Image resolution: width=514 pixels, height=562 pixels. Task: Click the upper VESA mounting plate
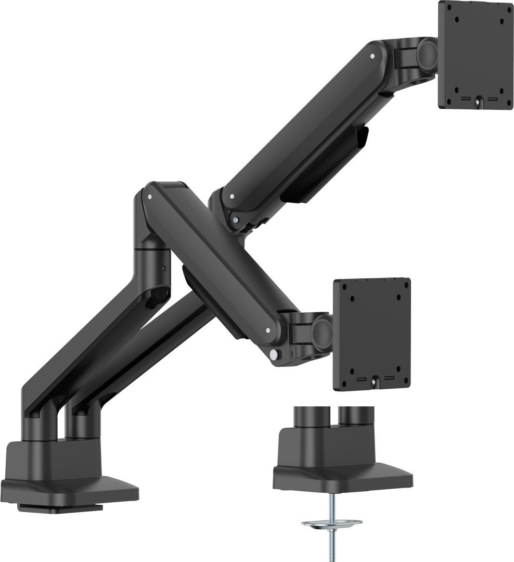click(476, 55)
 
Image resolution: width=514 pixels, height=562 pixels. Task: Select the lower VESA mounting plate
click(371, 333)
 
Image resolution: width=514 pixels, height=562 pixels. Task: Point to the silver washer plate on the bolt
click(331, 522)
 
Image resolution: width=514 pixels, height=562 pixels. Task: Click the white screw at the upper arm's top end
click(372, 55)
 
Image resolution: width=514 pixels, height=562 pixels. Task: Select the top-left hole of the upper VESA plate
click(456, 20)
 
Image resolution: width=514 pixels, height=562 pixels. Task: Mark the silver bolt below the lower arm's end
click(274, 354)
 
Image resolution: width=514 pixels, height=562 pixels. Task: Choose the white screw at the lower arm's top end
click(150, 197)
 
